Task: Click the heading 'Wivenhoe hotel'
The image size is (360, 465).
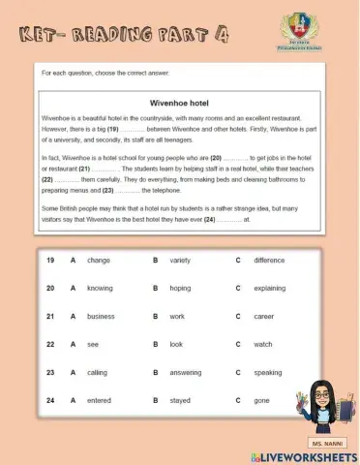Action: pos(180,102)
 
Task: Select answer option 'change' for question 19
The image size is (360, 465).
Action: pos(99,260)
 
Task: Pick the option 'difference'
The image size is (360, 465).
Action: pos(269,260)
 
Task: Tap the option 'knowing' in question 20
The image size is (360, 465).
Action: pos(100,288)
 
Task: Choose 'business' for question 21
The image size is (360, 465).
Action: pos(101,316)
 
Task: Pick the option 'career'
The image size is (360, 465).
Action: pos(264,316)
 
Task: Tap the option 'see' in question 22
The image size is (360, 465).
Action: pos(93,344)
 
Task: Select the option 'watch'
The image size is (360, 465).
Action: pos(263,344)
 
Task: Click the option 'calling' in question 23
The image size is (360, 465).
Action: pos(98,372)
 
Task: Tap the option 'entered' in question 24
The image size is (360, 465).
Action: pos(100,399)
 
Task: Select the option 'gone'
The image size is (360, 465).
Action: pos(262,399)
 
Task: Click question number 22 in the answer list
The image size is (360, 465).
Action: pos(49,344)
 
